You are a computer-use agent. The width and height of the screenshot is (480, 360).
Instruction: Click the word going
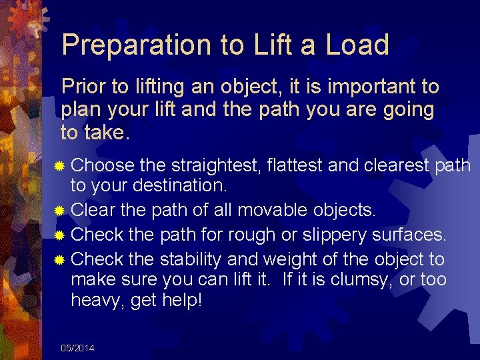click(x=406, y=109)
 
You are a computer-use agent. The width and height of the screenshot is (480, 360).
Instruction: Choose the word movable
click(x=277, y=211)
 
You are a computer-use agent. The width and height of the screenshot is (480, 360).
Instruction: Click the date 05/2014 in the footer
click(x=77, y=348)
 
